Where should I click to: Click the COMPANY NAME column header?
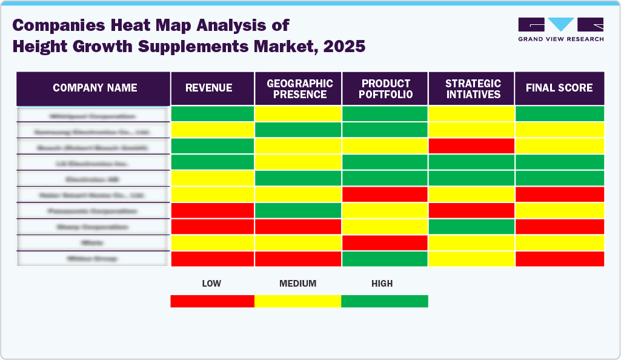point(95,88)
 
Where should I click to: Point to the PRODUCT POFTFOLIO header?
point(386,88)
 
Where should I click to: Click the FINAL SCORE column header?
point(559,88)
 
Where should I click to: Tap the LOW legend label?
point(211,284)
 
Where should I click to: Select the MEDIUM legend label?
point(297,284)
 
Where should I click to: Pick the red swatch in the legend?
point(212,301)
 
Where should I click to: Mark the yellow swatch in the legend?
point(297,301)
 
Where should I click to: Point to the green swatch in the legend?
point(385,301)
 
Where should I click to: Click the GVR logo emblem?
point(560,24)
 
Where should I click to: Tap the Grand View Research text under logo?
point(560,39)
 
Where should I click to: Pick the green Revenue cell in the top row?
point(212,113)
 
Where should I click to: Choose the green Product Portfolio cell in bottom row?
point(385,259)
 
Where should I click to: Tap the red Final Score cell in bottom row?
point(559,259)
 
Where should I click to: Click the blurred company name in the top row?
point(93,115)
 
